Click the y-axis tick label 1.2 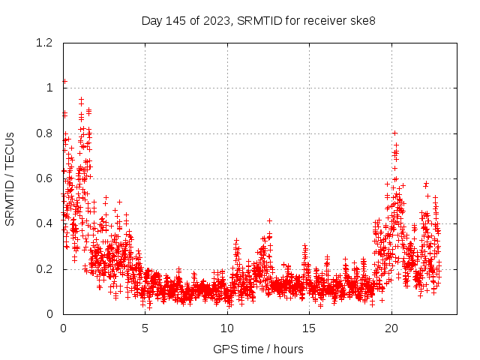pyautogui.click(x=46, y=43)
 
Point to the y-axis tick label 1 pyautogui.click(x=51, y=88)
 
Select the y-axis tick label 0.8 pyautogui.click(x=46, y=133)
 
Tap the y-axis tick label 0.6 pyautogui.click(x=46, y=178)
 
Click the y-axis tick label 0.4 pyautogui.click(x=46, y=223)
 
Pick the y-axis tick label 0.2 pyautogui.click(x=46, y=269)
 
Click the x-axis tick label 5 pyautogui.click(x=145, y=328)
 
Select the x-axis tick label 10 pyautogui.click(x=227, y=328)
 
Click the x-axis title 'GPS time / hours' pyautogui.click(x=258, y=349)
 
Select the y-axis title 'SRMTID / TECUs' pyautogui.click(x=10, y=178)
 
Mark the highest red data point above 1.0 pyautogui.click(x=64, y=81)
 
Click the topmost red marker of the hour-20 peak pyautogui.click(x=394, y=133)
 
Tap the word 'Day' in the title pyautogui.click(x=152, y=20)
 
